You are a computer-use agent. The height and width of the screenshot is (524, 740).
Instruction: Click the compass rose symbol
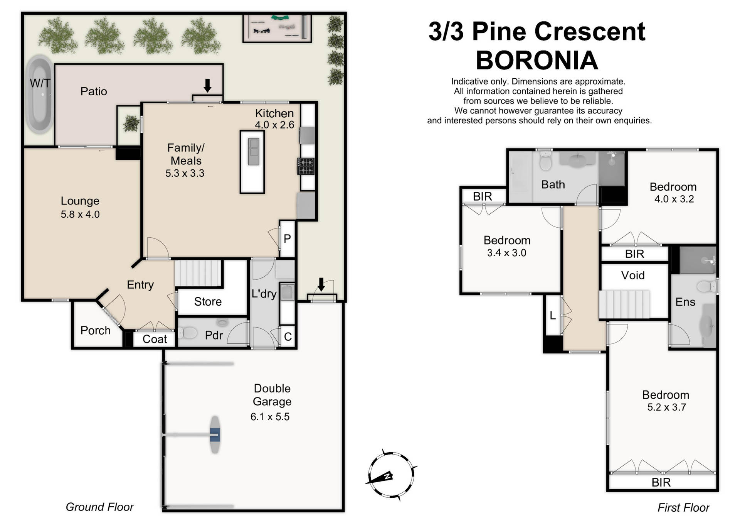pyautogui.click(x=390, y=475)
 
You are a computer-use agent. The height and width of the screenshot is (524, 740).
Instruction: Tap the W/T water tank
pyautogui.click(x=39, y=95)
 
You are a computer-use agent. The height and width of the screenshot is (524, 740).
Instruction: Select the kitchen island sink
pyautogui.click(x=253, y=152)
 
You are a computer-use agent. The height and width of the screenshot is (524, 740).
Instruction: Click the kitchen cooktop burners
pyautogui.click(x=306, y=166)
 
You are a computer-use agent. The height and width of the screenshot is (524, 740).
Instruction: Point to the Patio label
pyautogui.click(x=94, y=91)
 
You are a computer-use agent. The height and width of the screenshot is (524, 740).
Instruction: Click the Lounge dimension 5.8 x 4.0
pyautogui.click(x=80, y=215)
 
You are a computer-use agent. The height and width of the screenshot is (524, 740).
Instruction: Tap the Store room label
pyautogui.click(x=208, y=302)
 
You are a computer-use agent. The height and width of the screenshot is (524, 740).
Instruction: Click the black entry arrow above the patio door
pyautogui.click(x=207, y=85)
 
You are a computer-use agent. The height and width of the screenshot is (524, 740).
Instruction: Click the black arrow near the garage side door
pyautogui.click(x=321, y=285)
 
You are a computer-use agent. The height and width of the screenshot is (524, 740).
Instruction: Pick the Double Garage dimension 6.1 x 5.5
pyautogui.click(x=270, y=417)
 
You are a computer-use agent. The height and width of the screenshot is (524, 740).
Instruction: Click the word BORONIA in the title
pyautogui.click(x=536, y=61)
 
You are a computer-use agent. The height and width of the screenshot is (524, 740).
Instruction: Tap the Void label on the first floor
pyautogui.click(x=633, y=276)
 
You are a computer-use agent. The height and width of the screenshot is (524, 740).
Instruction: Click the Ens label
pyautogui.click(x=685, y=302)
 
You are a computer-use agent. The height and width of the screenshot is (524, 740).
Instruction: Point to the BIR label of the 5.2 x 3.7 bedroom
pyautogui.click(x=661, y=482)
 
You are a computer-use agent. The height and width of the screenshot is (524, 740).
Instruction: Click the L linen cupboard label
pyautogui.click(x=553, y=316)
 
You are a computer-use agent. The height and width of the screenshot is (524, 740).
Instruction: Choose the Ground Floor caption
pyautogui.click(x=99, y=507)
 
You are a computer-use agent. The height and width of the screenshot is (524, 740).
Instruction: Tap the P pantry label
pyautogui.click(x=287, y=239)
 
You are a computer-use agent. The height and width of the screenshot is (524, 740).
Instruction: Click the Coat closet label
pyautogui.click(x=155, y=339)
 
